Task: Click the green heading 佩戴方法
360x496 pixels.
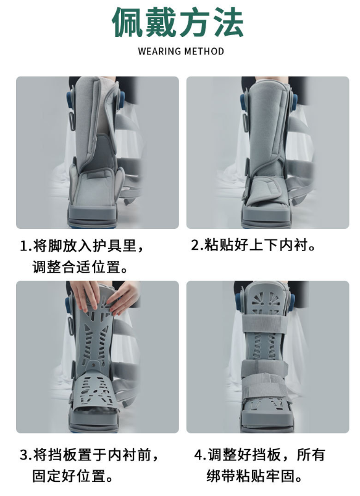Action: [178, 22]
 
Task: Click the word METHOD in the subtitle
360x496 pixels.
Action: [204, 51]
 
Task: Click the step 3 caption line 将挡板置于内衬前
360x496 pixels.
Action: [90, 455]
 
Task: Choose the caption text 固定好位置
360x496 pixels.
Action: [73, 476]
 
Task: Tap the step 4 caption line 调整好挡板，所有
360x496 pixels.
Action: [259, 455]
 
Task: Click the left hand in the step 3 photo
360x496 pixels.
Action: [85, 295]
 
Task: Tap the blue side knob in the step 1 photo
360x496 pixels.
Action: [70, 101]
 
